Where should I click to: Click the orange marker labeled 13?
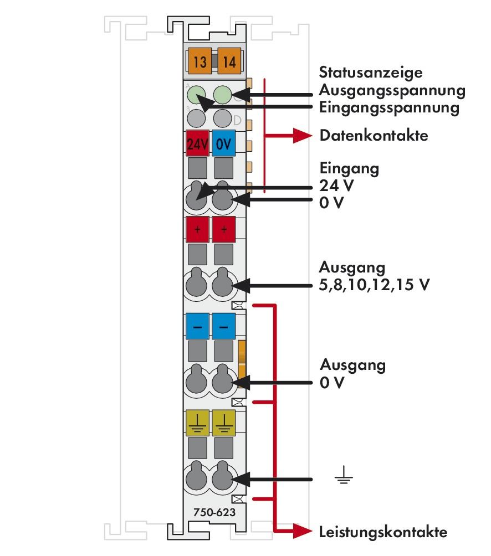click(200, 61)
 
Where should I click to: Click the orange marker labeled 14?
click(229, 61)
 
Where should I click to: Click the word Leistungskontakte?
click(383, 533)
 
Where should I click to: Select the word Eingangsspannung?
click(390, 107)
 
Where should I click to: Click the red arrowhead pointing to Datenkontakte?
click(302, 136)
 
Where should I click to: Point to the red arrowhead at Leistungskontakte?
click(302, 532)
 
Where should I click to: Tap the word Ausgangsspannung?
click(392, 90)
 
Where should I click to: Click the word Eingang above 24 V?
click(349, 168)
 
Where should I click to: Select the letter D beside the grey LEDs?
click(238, 120)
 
